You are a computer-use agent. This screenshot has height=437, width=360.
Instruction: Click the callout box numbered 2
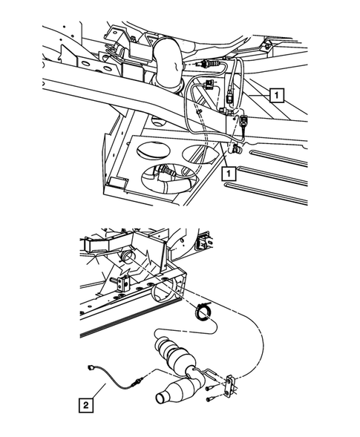coord(88,404)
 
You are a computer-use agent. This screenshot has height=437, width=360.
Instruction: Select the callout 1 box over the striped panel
coord(276,95)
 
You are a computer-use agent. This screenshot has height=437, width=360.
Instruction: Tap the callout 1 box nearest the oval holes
coord(229,174)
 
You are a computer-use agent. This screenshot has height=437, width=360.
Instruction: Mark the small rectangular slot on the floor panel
coord(116,181)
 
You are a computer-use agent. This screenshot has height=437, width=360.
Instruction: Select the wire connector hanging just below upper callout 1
coord(243,121)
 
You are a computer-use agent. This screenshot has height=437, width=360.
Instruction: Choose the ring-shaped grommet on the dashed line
coord(201,313)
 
